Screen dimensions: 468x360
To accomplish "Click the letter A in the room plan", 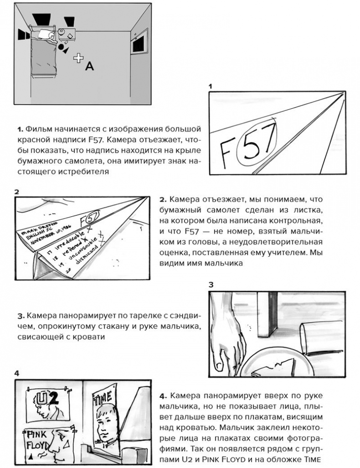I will pyautogui.click(x=90, y=67).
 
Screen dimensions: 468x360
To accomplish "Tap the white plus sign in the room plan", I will pyautogui.click(x=79, y=57).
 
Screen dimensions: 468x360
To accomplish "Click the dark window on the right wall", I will pyautogui.click(x=139, y=44).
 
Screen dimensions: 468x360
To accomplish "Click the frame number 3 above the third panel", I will pyautogui.click(x=211, y=284).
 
